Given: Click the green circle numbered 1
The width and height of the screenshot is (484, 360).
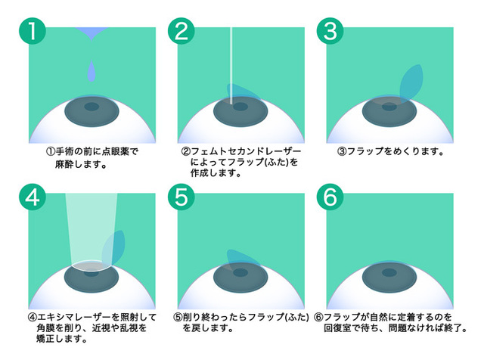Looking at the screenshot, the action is tap(33, 31).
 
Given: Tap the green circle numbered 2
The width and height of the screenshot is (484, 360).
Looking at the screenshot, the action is tap(181, 31).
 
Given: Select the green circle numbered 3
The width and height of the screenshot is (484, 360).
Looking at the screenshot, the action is tap(330, 31).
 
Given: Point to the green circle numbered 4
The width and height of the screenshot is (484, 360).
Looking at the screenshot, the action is tap(33, 197).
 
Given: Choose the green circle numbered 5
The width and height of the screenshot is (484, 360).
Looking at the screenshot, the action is tap(181, 197).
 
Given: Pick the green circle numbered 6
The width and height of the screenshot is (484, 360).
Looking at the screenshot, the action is tap(330, 197).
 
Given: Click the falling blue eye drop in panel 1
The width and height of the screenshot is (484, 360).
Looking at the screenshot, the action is tap(92, 71).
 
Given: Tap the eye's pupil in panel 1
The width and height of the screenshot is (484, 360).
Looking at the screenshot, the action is tap(92, 107).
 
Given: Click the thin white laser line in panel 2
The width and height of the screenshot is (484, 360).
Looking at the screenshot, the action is tap(231, 66).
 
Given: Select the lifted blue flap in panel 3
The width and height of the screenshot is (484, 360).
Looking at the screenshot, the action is tap(411, 82).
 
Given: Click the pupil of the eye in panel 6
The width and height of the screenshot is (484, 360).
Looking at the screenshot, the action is tap(389, 272).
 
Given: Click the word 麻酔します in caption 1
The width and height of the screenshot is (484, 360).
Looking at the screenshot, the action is tap(81, 165).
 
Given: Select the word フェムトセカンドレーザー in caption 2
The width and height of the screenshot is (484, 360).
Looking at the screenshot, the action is tap(246, 151).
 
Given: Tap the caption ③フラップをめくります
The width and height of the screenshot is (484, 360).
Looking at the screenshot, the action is tap(391, 151).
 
